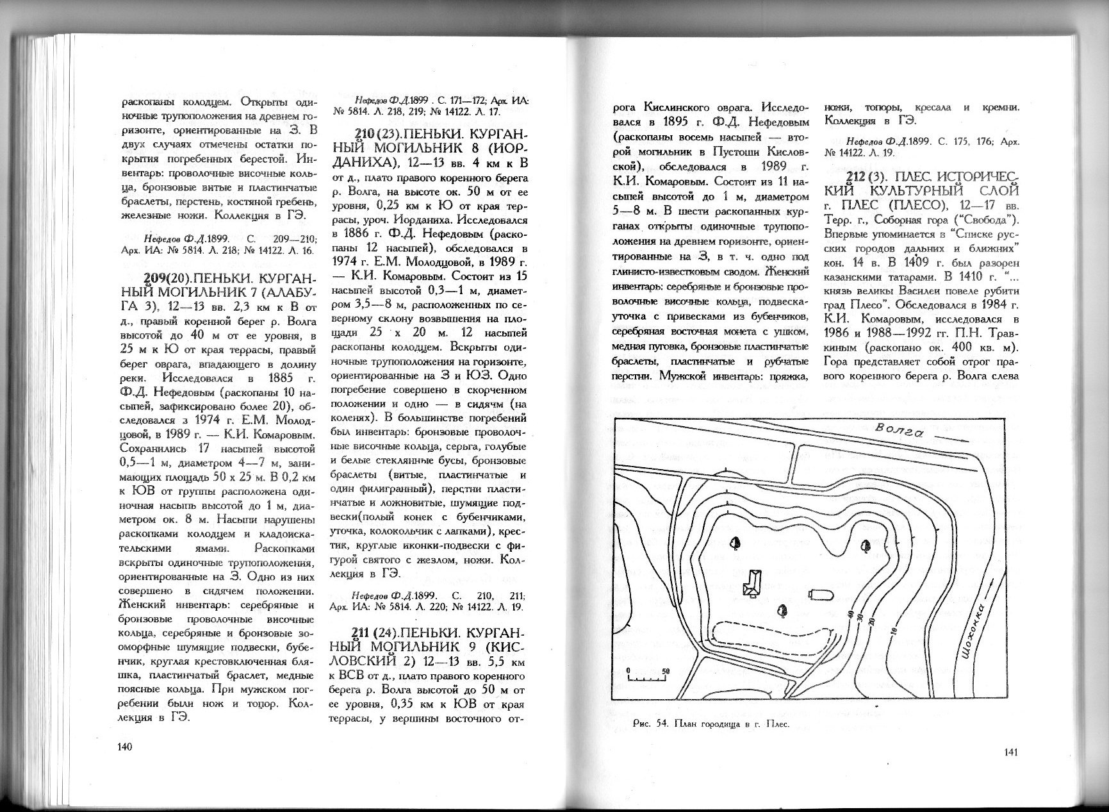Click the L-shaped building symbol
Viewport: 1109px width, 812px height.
click(x=751, y=583)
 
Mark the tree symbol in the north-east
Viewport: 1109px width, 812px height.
click(x=866, y=546)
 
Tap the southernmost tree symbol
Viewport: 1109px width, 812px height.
click(x=781, y=610)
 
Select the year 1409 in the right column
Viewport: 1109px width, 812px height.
click(x=912, y=262)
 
